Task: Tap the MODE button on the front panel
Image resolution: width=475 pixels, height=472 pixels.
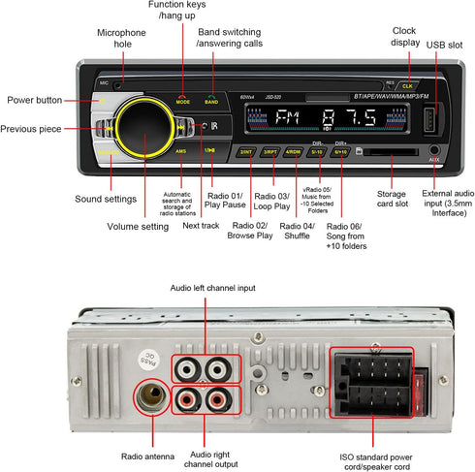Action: (x=183, y=98)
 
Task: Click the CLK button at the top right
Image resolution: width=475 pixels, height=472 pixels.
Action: (x=406, y=85)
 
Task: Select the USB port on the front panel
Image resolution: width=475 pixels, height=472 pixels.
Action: (x=429, y=124)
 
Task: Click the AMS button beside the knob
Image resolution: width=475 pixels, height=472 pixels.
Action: (x=181, y=151)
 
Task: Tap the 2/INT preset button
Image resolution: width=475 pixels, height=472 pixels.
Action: (x=247, y=152)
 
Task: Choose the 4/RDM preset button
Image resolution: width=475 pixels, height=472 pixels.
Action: (x=294, y=152)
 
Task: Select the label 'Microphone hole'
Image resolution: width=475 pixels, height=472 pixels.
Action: (x=121, y=39)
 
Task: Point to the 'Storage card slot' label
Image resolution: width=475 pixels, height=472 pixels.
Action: (x=392, y=200)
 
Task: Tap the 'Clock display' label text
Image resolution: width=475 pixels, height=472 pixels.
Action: (x=404, y=36)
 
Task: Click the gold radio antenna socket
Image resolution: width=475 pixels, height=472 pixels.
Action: (x=149, y=397)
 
